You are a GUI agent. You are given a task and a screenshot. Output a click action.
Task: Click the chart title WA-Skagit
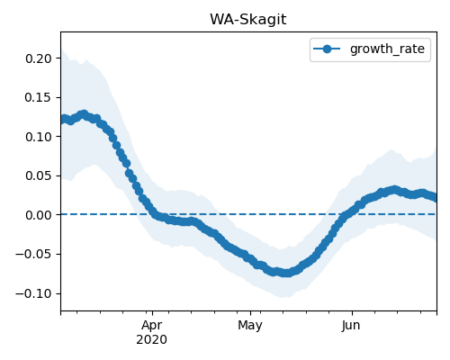point(247,20)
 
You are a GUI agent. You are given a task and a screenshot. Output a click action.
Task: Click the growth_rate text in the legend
point(387,49)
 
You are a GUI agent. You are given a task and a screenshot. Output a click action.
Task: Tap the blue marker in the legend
point(327,49)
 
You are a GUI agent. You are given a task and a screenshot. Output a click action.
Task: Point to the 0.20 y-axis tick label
point(39,58)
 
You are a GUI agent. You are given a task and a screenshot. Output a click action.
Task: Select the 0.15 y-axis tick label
point(39,97)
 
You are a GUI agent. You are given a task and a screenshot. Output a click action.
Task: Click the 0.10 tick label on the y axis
point(39,137)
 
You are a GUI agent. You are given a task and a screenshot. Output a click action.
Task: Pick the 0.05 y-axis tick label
point(39,175)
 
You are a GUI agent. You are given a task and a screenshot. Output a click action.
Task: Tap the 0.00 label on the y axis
point(39,215)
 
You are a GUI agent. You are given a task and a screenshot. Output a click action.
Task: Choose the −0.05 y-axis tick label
point(33,254)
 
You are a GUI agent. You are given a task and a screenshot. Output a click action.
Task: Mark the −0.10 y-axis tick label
point(33,293)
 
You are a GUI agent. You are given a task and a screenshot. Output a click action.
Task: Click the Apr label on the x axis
point(152,325)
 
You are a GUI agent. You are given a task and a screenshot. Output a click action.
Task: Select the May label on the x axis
point(250,325)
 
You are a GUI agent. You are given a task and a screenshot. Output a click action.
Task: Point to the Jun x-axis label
point(351,325)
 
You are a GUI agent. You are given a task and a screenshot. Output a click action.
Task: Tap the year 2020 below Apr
point(151,339)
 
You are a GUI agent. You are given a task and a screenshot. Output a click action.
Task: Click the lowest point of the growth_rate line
point(287,273)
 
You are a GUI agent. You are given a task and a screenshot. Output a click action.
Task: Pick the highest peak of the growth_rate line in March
point(84,114)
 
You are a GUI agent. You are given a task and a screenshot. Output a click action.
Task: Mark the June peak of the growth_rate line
point(394,190)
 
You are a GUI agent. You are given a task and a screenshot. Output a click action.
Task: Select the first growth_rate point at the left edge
point(64,120)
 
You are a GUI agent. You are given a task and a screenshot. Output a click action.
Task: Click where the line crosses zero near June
point(345,214)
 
